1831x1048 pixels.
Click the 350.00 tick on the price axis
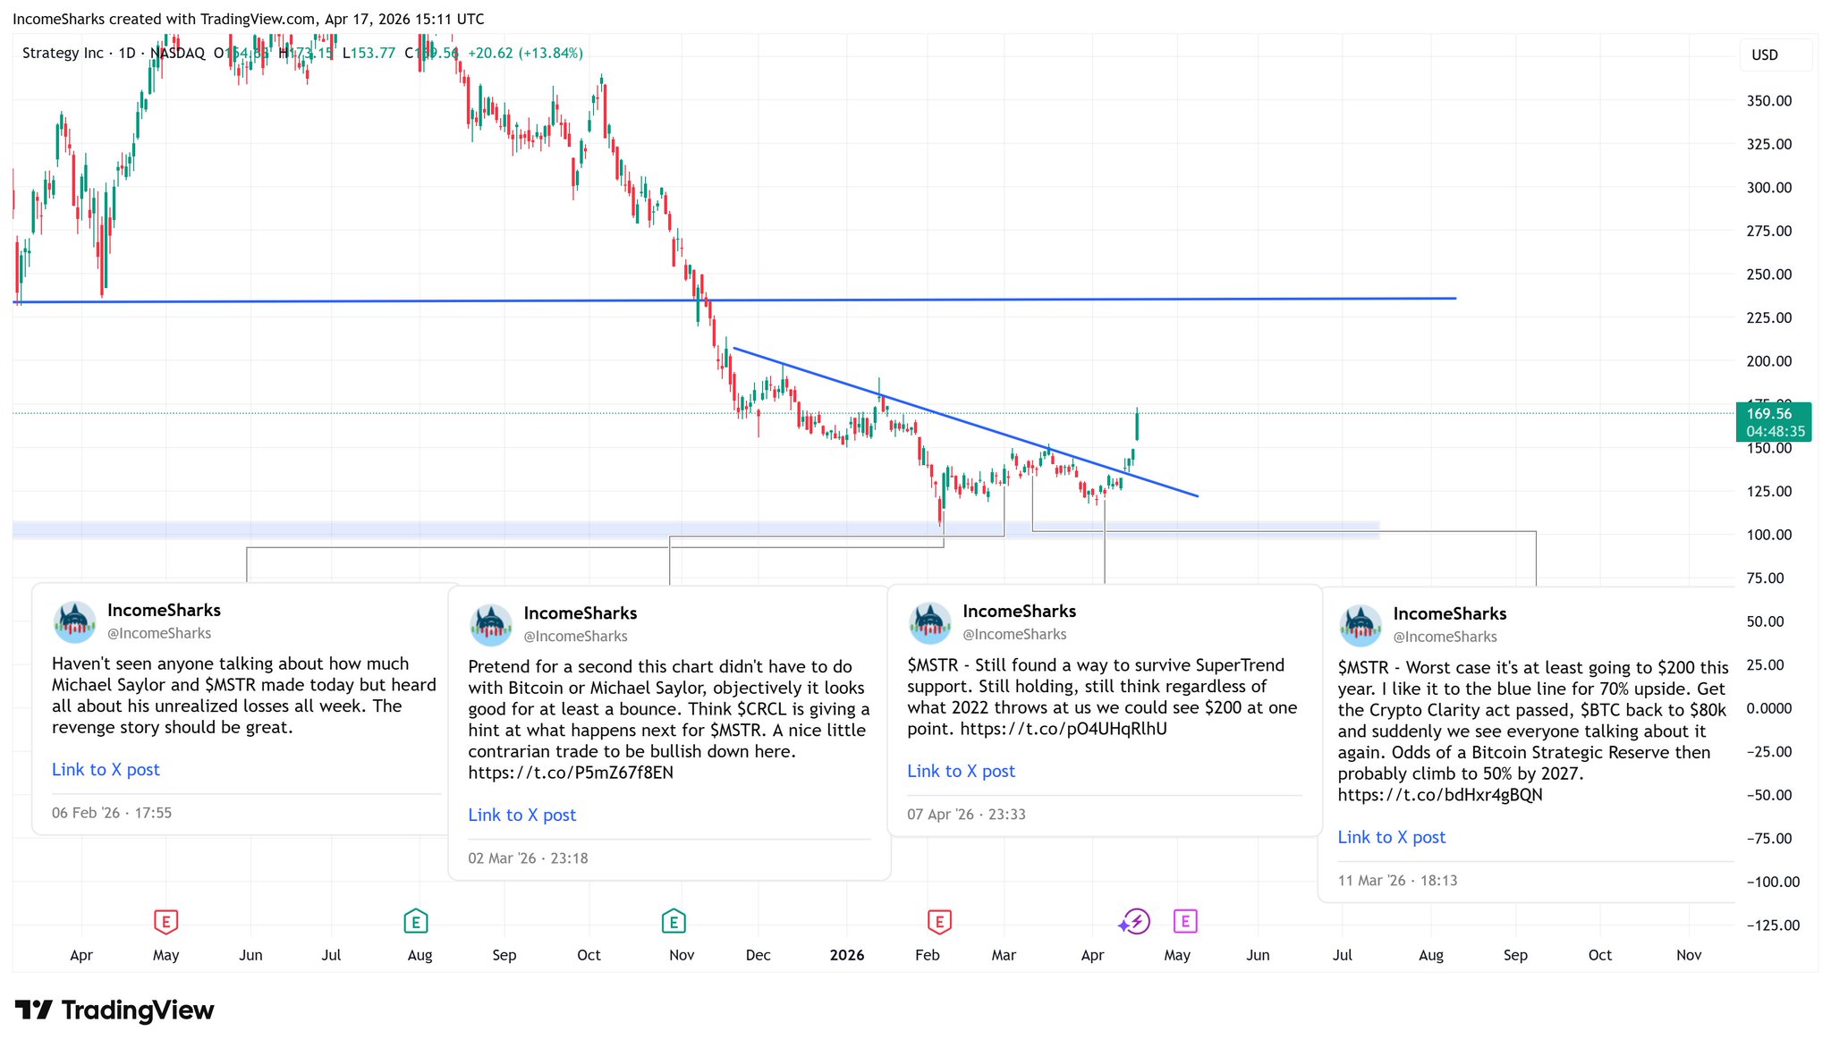pyautogui.click(x=1768, y=101)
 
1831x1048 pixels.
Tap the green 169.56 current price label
pyautogui.click(x=1772, y=414)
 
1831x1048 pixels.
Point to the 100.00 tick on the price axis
pyautogui.click(x=1768, y=535)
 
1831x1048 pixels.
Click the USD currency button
pyautogui.click(x=1764, y=55)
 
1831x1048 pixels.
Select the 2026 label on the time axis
pyautogui.click(x=846, y=955)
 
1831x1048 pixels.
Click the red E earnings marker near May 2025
pyautogui.click(x=166, y=921)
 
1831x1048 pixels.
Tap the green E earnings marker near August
pyautogui.click(x=416, y=921)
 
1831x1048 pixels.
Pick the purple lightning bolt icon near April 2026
pyautogui.click(x=1134, y=921)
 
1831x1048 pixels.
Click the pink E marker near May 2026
pyautogui.click(x=1184, y=921)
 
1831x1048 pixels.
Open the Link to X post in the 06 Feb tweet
pyautogui.click(x=106, y=770)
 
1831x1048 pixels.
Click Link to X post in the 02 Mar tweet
pyautogui.click(x=521, y=816)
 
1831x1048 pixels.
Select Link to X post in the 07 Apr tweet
pyautogui.click(x=961, y=772)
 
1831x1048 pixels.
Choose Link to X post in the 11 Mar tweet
pyautogui.click(x=1391, y=838)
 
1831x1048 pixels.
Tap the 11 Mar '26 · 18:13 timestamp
pyautogui.click(x=1397, y=881)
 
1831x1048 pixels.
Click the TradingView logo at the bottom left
pyautogui.click(x=114, y=1010)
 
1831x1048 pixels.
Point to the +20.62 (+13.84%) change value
pyautogui.click(x=525, y=54)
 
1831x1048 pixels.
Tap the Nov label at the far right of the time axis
pyautogui.click(x=1688, y=955)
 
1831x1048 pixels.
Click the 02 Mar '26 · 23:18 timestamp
pyautogui.click(x=528, y=858)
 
